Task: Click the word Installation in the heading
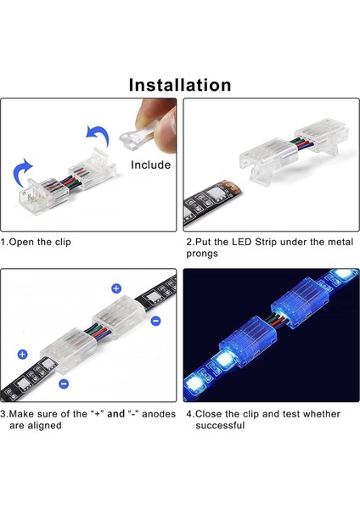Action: pyautogui.click(x=180, y=85)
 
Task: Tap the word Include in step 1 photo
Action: pyautogui.click(x=150, y=165)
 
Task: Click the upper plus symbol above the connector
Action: pyautogui.click(x=115, y=288)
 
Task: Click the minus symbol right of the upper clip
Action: pyautogui.click(x=155, y=322)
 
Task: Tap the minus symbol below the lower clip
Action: pyautogui.click(x=63, y=383)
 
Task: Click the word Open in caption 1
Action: pyautogui.click(x=24, y=242)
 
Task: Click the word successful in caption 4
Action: pyautogui.click(x=220, y=425)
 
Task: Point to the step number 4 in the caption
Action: pyautogui.click(x=189, y=414)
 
